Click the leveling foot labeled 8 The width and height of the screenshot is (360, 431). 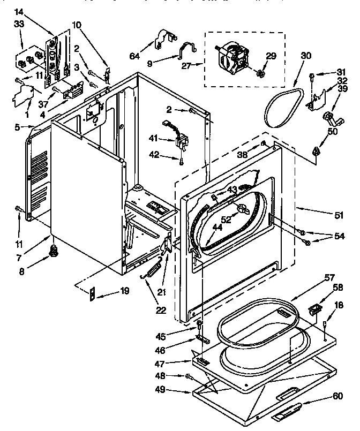(54, 249)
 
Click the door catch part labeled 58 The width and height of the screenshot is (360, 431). (315, 310)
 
